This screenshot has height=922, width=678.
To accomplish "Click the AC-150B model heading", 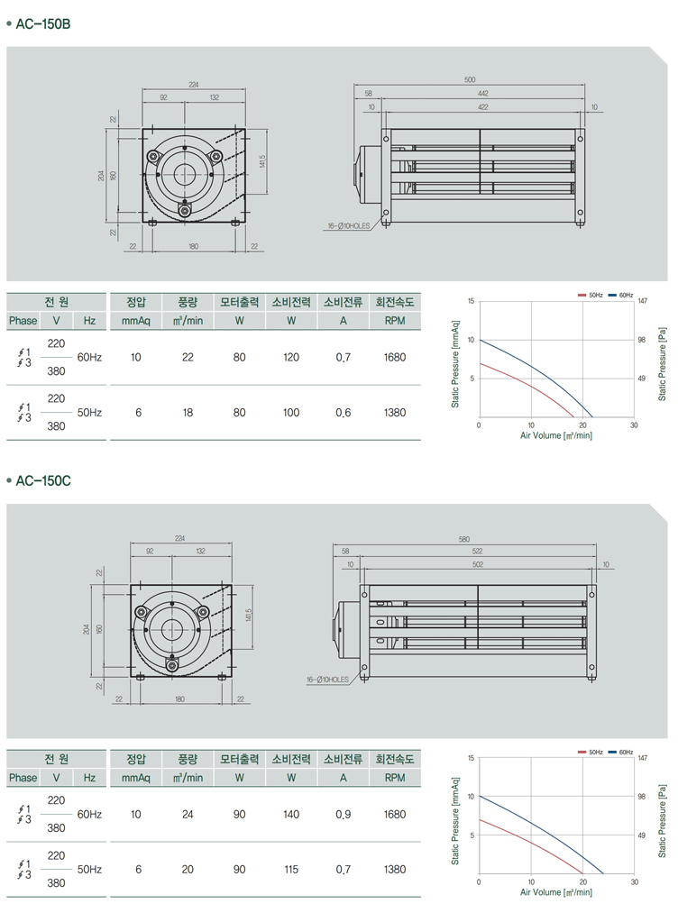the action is pos(43,24).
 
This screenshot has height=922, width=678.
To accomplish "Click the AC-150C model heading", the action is pos(43,481).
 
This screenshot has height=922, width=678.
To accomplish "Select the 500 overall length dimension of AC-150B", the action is pos(469,79).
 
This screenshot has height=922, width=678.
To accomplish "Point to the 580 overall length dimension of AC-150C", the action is pos(464,539).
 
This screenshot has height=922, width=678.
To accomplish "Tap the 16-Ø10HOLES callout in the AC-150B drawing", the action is pos(349,226).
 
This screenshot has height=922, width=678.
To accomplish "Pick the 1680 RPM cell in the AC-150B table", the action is pos(395,357).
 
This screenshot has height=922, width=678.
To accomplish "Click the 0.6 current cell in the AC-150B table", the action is pos(343,413).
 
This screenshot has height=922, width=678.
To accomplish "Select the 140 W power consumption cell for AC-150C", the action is pos(291,815).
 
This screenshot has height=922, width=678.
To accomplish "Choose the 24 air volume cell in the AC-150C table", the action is pos(188,815).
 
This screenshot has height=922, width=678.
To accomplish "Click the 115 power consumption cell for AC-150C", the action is pos(291,869).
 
